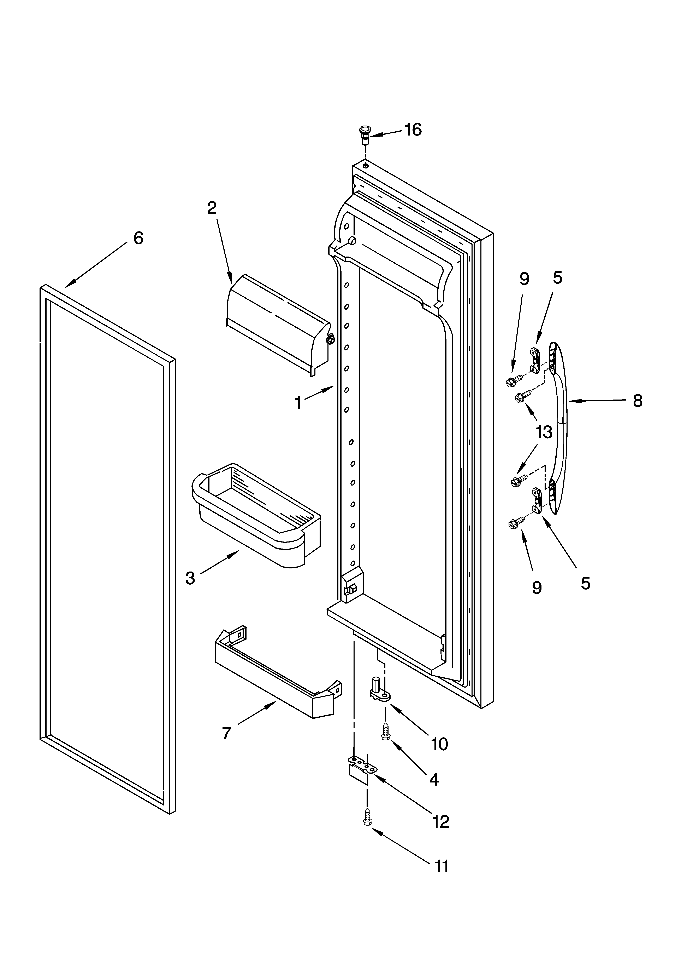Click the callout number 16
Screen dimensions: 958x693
413,130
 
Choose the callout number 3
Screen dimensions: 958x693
190,578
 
